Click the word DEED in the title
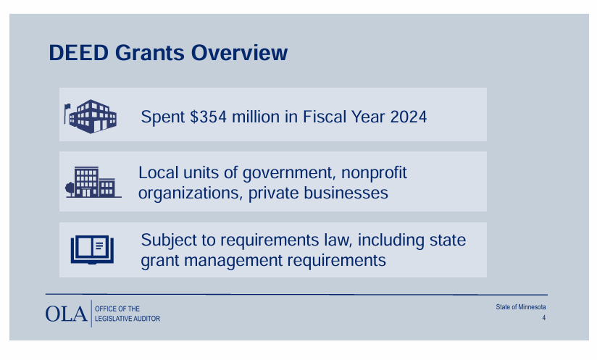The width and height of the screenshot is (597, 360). (x=79, y=53)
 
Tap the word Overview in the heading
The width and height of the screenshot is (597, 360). (x=239, y=53)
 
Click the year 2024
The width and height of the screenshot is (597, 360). (x=409, y=117)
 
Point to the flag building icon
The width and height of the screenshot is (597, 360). (x=91, y=117)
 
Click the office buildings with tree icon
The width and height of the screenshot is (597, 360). (x=93, y=182)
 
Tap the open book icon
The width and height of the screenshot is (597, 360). (x=92, y=250)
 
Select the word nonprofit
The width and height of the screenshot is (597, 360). (x=374, y=173)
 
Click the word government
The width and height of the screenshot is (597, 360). (x=289, y=173)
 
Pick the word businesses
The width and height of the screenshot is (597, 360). (x=346, y=193)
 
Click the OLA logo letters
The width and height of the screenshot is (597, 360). (x=66, y=314)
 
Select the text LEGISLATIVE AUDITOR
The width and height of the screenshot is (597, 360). (x=128, y=319)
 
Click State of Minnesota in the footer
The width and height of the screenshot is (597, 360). (x=520, y=306)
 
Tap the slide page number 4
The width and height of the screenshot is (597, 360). (x=543, y=318)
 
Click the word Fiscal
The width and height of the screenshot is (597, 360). (x=325, y=117)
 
